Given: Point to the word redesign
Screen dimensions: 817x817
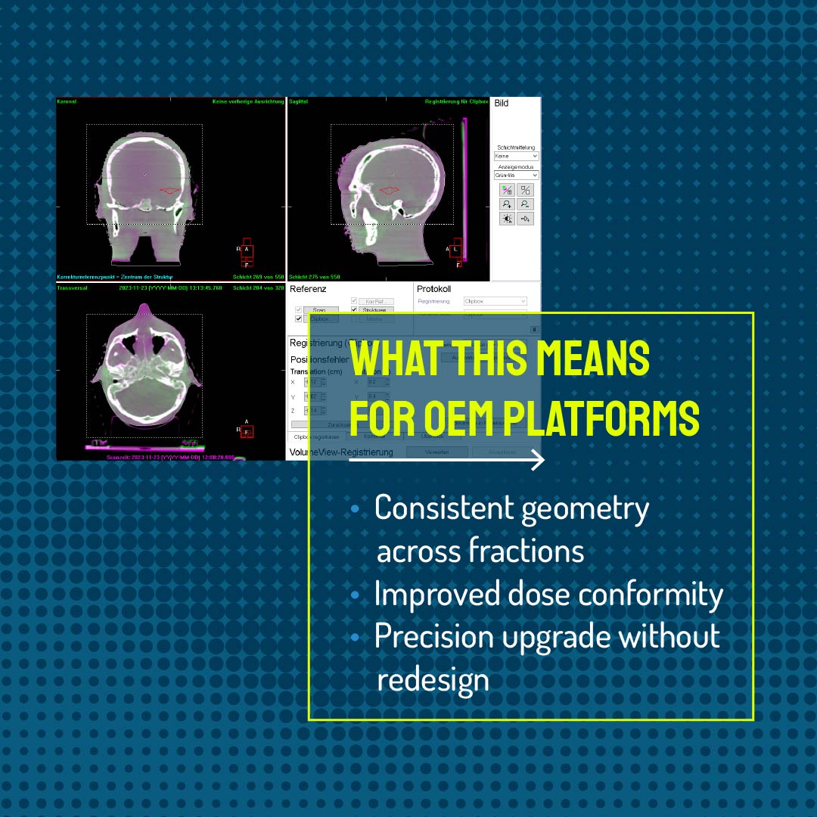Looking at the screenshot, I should coord(433,679).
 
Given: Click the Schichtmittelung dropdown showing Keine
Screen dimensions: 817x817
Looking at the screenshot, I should coord(516,156).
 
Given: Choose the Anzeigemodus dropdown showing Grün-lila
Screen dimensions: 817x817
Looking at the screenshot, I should coord(516,175).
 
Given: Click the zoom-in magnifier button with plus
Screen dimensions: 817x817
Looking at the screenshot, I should coord(508,204).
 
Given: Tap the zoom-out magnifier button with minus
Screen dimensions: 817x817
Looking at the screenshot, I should coord(525,204).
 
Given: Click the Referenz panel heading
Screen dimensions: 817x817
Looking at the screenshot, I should coord(308,289).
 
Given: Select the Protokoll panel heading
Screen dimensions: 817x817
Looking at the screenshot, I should coord(433,289).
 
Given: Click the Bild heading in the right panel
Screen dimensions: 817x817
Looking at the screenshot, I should coord(501,104).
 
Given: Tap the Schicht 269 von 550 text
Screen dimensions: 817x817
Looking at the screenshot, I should coord(257,277).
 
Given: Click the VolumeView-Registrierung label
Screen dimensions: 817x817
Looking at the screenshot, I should coord(341,452).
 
